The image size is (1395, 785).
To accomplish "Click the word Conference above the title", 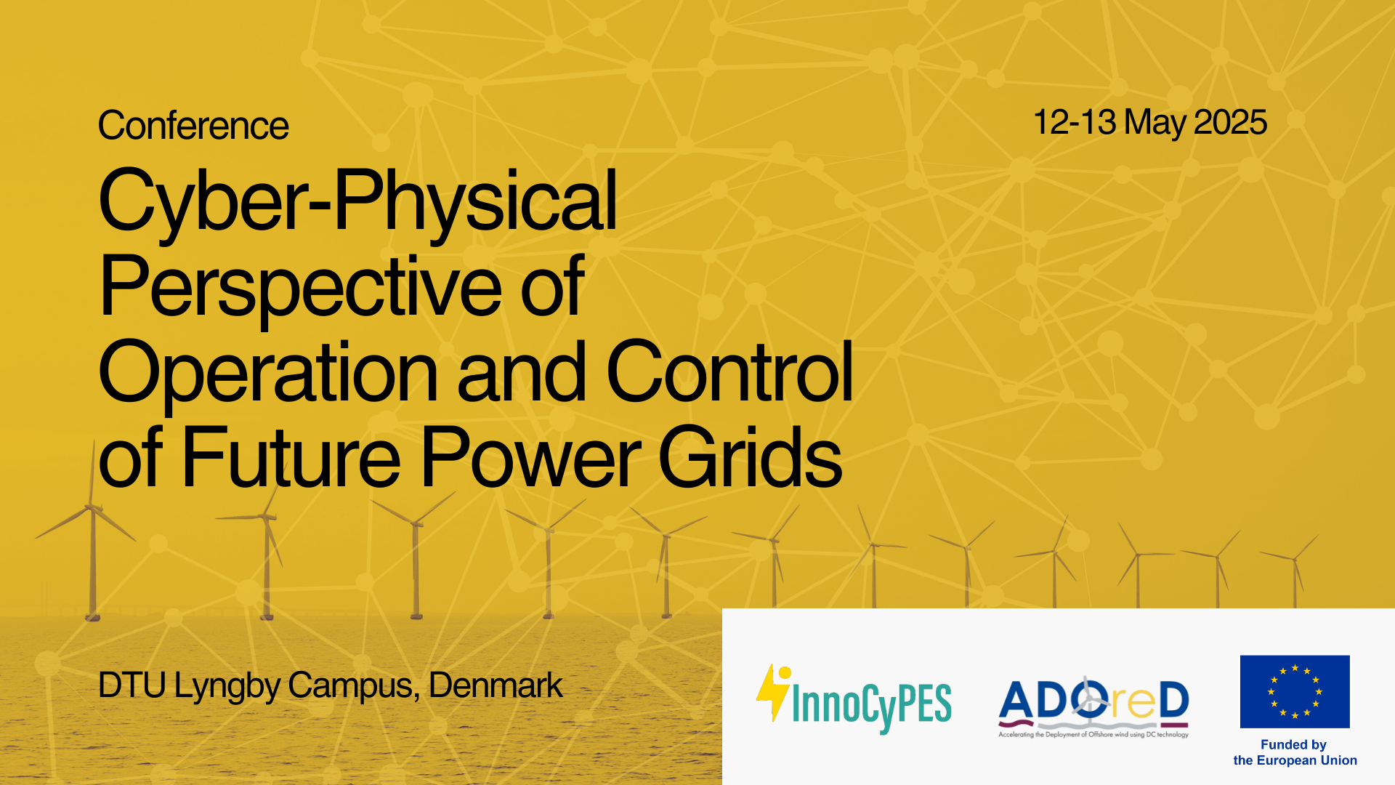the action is (x=193, y=126).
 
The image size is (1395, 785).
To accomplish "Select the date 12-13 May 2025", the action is (x=1150, y=122).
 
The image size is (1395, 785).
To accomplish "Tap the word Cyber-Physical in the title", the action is (x=357, y=201).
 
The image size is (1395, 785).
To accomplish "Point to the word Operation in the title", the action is (x=268, y=372).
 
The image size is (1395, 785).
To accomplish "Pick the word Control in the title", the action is (x=729, y=371).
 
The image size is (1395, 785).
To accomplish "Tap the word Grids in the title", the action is (x=750, y=456).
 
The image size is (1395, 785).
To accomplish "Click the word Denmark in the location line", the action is (x=496, y=685).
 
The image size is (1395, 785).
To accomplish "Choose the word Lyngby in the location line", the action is (x=227, y=687).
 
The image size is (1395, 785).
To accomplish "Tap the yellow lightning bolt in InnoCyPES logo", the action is (x=773, y=692).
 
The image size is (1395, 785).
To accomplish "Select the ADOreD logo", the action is (x=1093, y=706).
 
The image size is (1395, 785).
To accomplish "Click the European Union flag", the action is (x=1295, y=691).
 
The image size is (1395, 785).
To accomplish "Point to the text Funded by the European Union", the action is (x=1295, y=752).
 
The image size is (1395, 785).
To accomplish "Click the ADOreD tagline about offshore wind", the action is (x=1093, y=735).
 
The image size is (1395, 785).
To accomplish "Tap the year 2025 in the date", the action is (x=1230, y=122).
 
